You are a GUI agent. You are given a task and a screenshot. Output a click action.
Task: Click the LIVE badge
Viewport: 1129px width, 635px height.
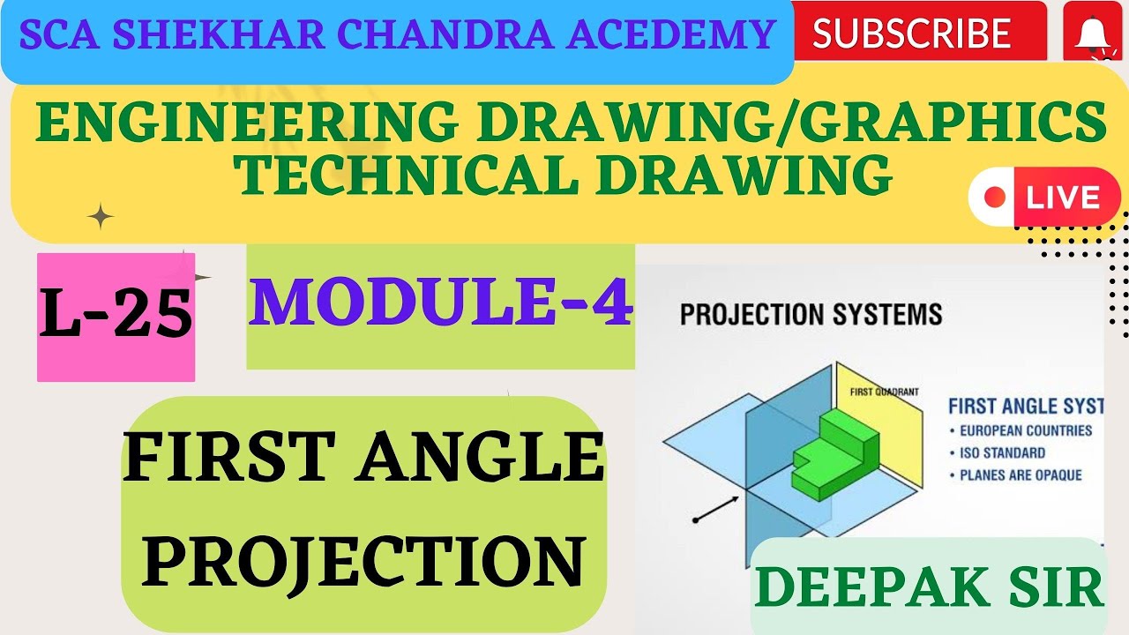[1045, 197]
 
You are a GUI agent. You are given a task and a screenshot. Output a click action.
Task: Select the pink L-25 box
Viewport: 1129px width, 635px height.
[116, 317]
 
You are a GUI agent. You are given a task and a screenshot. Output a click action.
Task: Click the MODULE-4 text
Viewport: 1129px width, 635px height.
[441, 303]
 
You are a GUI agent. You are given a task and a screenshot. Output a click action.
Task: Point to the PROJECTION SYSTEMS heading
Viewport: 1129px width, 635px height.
[811, 314]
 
